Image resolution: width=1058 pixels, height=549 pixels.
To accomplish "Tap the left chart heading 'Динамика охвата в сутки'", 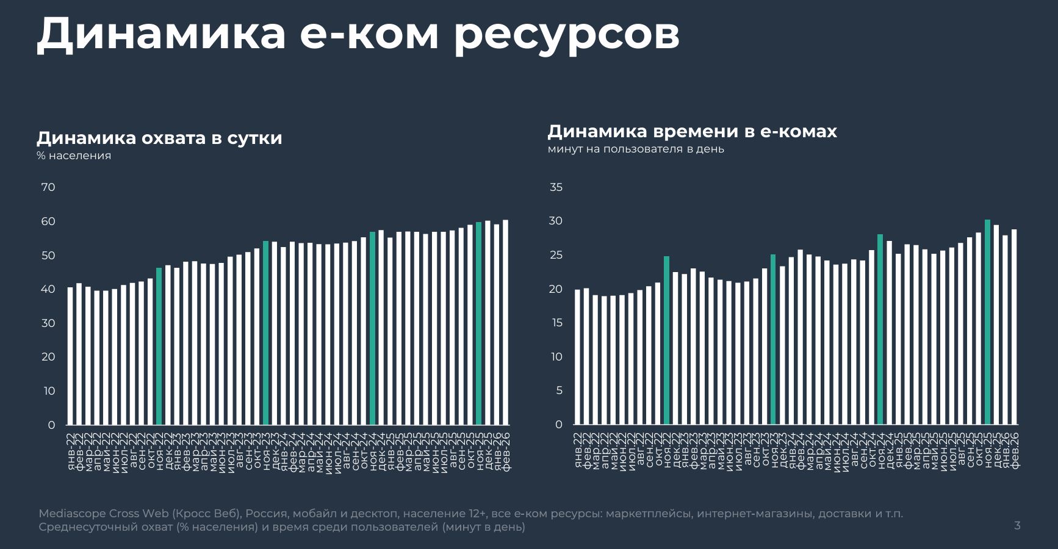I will pos(159,138).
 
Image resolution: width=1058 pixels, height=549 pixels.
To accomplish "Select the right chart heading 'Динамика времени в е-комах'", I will pos(692,131).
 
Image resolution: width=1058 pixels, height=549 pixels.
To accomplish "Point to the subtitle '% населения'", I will pos(74,156).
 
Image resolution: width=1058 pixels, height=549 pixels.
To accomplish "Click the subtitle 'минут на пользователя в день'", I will pos(636,149).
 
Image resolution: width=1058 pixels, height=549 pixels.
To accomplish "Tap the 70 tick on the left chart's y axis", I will pos(48,187).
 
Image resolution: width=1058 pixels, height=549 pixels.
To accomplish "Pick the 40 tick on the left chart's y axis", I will pos(48,289).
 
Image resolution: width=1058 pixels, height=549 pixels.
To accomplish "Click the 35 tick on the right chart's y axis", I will pos(556,187).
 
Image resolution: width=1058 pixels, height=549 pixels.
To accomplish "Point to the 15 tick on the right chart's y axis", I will pos(556,323).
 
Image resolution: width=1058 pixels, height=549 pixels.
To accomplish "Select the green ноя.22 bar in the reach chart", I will pos(159,346).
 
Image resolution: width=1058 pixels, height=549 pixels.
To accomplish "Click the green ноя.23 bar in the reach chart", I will pos(266,332).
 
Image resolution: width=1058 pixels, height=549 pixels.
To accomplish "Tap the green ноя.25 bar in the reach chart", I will pos(479,323).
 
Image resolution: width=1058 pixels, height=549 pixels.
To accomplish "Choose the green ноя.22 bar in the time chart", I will pos(666,340).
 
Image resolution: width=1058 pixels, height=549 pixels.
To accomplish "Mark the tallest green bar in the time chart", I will pos(987,322).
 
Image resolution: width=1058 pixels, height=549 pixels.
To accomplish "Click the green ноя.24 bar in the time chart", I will pos(880,329).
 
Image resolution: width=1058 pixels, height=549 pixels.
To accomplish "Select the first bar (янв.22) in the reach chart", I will pos(70,356).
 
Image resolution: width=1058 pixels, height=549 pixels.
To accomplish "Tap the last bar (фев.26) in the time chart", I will pos(1014,327).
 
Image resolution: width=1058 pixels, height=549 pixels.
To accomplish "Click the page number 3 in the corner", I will pos(1017,525).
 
